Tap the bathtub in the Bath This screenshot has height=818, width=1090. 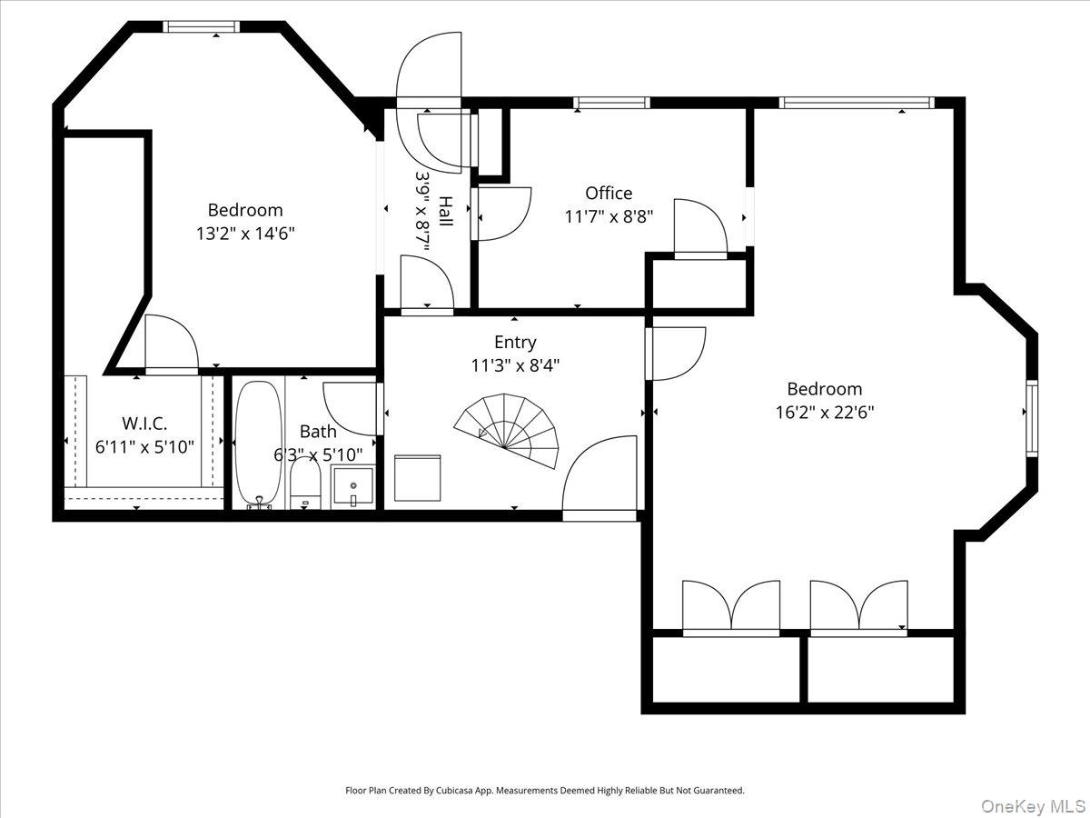258,444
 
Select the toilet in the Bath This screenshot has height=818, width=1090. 305,482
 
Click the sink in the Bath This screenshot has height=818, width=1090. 352,484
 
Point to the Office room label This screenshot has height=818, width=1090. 609,193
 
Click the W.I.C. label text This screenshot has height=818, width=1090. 145,424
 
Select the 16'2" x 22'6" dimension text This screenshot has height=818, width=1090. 825,411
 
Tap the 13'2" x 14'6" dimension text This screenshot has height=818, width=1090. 245,233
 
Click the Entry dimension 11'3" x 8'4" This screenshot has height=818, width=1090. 515,364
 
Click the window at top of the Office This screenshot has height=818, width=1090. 612,103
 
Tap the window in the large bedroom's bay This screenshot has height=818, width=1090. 1032,417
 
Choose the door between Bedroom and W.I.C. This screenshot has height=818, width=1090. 171,345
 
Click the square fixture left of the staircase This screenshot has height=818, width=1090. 418,477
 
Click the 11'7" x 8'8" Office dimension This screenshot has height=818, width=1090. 609,216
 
